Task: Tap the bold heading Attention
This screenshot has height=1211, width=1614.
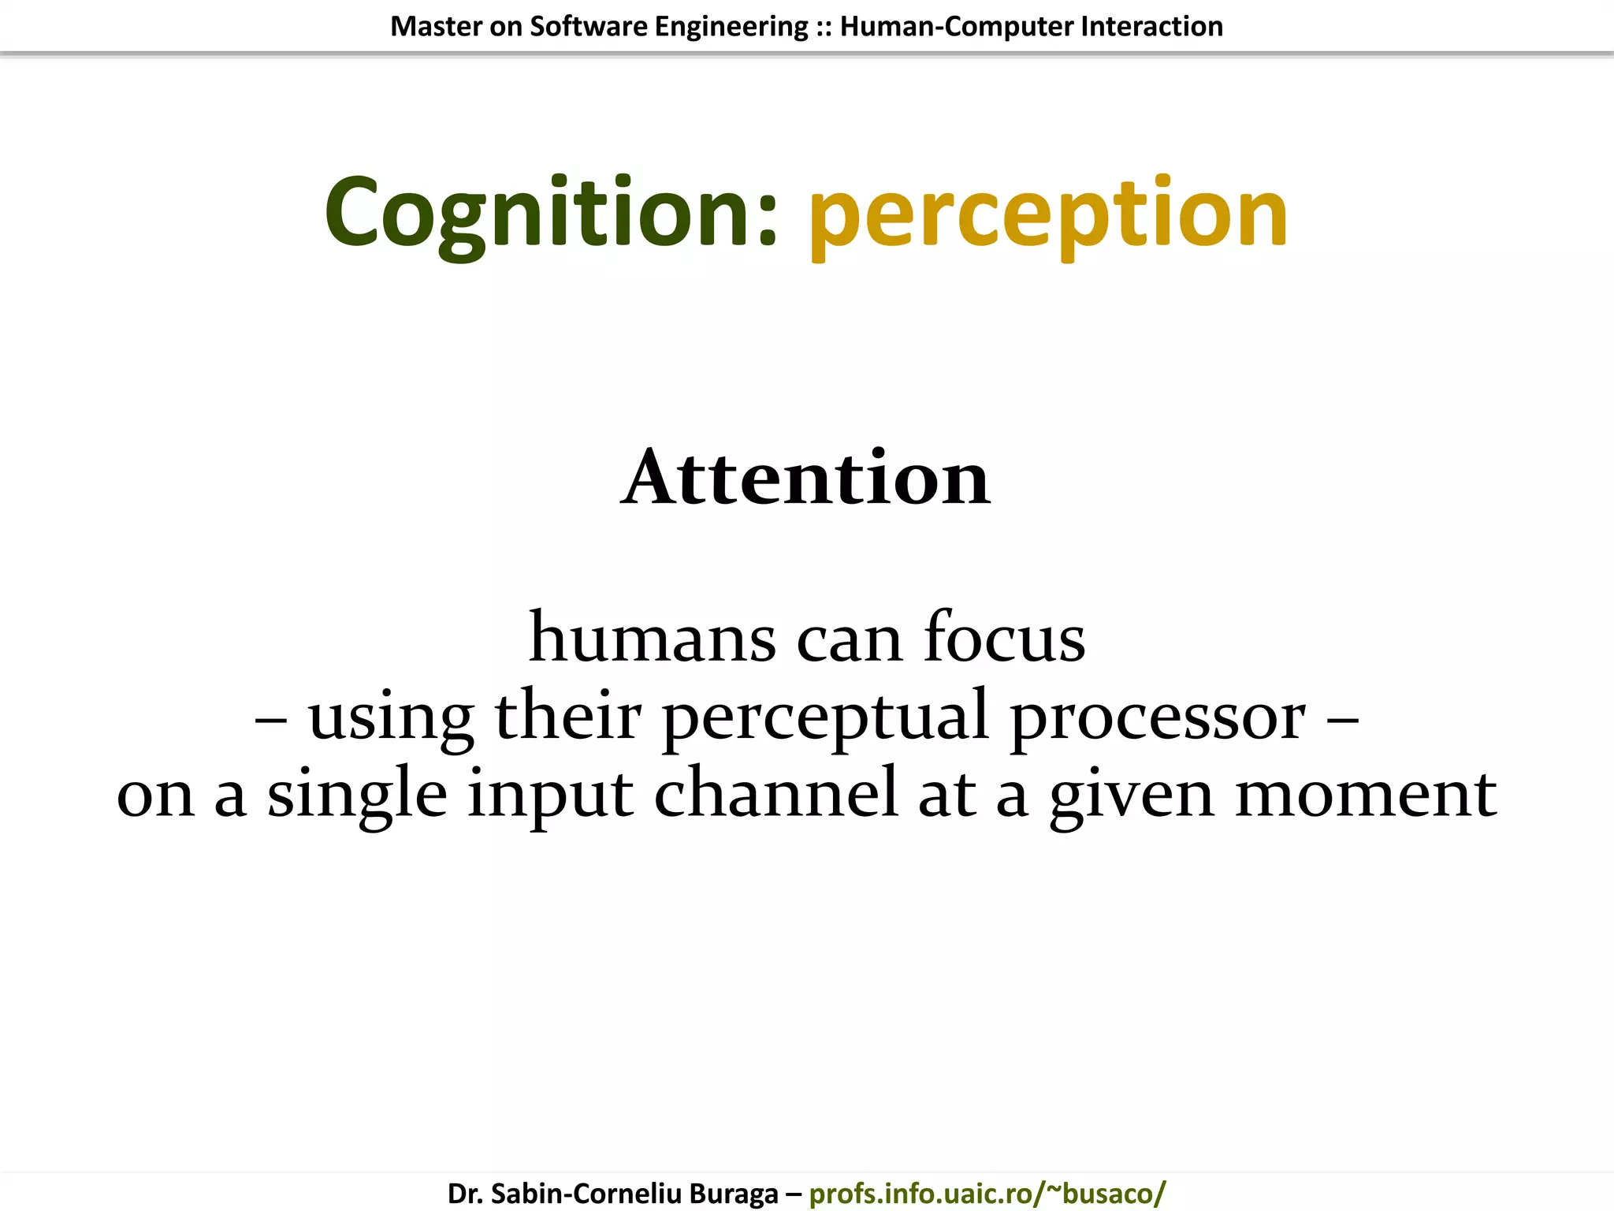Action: point(805,478)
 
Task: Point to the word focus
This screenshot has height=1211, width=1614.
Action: point(1004,637)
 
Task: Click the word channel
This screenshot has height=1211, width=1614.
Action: point(775,793)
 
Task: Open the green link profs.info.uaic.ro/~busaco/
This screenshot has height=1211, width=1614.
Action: point(987,1194)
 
